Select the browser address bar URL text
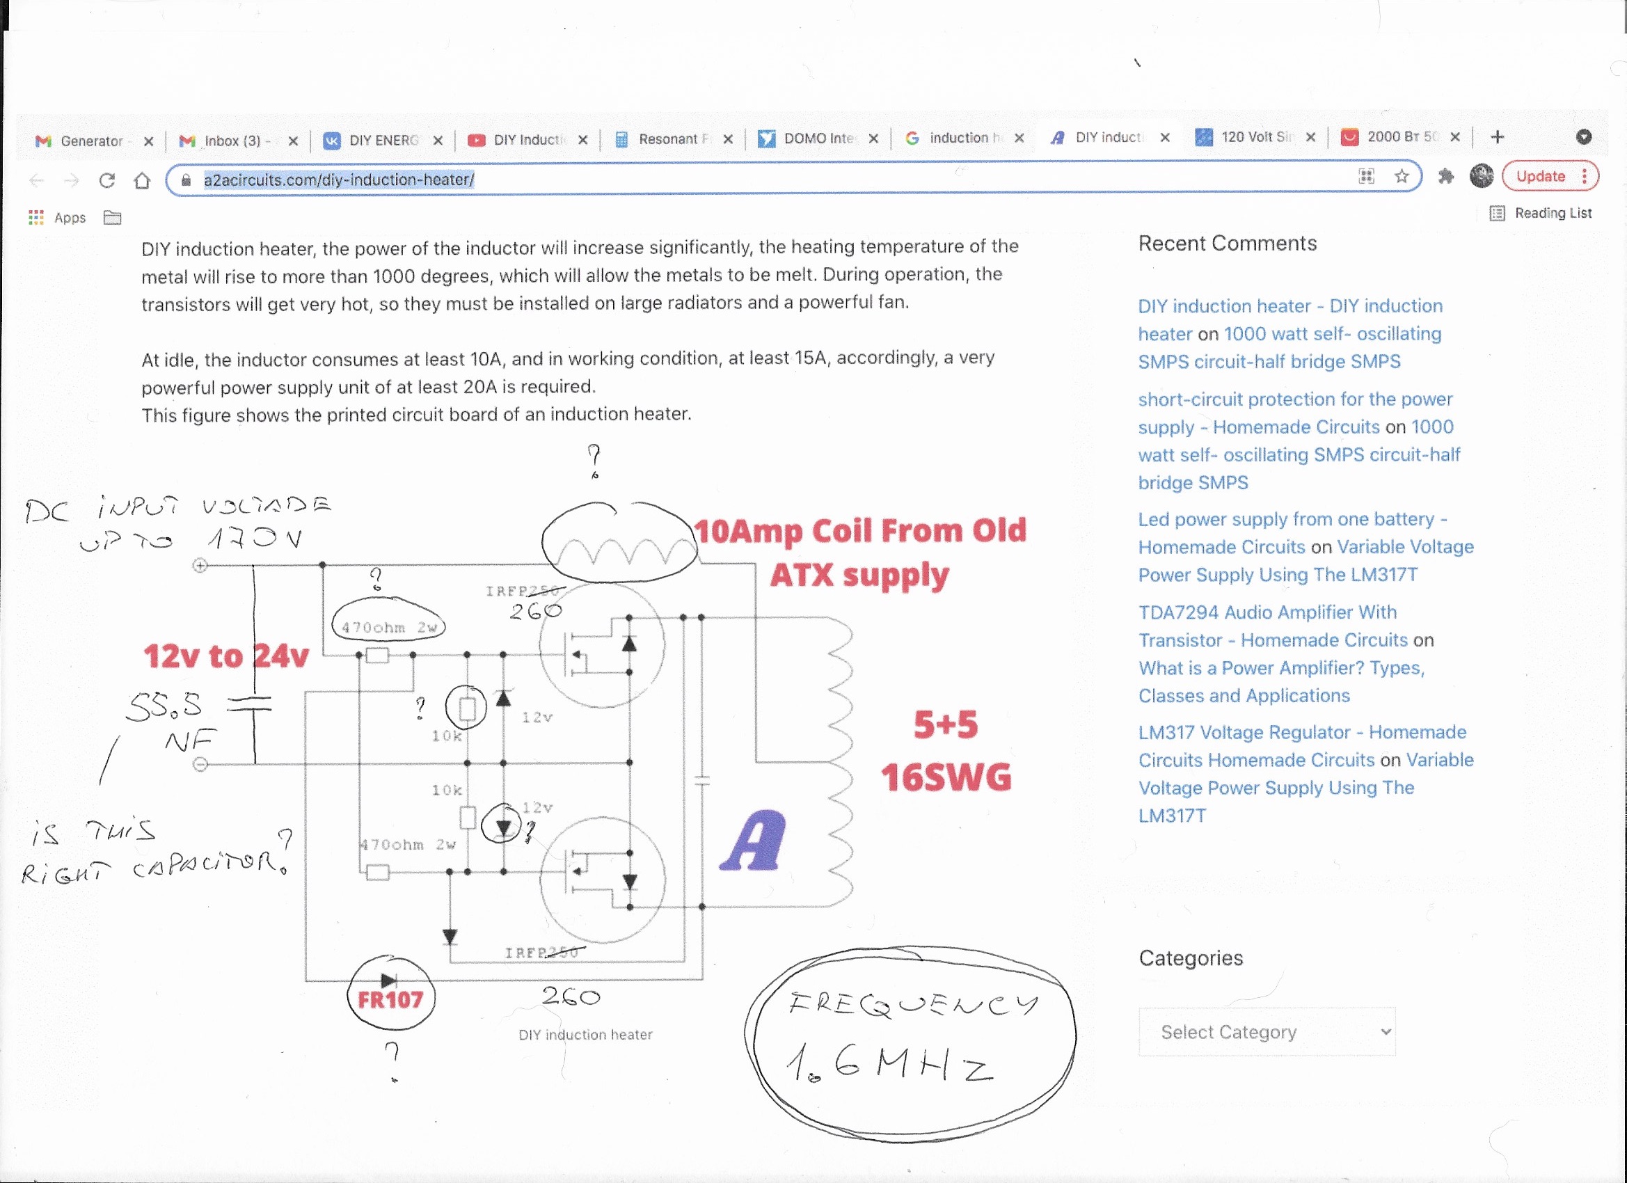coord(339,180)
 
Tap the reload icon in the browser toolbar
coord(107,180)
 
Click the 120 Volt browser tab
coord(1255,137)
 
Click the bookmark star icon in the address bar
coord(1401,177)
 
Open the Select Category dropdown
coord(1266,1031)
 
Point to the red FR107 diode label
coord(390,999)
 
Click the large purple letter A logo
coord(753,841)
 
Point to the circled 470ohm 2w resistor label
coord(389,628)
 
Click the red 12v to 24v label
coord(226,656)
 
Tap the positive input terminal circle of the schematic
coord(200,566)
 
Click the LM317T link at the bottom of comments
coord(1172,816)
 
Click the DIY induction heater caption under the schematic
coord(585,1035)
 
